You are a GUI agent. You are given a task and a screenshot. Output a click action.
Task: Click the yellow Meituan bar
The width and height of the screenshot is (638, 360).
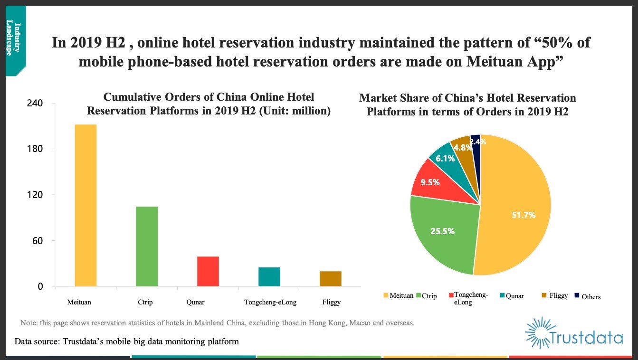click(x=86, y=205)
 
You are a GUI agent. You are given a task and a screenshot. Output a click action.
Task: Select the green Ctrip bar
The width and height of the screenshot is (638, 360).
click(x=147, y=246)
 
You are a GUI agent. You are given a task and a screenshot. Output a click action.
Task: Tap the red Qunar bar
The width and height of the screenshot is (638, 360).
click(x=208, y=271)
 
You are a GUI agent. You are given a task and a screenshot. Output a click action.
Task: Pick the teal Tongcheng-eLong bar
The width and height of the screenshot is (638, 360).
click(x=269, y=276)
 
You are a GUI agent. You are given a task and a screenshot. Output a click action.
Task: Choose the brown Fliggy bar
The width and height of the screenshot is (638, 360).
click(x=330, y=278)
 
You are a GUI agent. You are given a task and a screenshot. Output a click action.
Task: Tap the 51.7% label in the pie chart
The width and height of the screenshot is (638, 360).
click(x=524, y=215)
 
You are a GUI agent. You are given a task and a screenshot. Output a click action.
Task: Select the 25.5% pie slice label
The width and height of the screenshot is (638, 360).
click(x=442, y=231)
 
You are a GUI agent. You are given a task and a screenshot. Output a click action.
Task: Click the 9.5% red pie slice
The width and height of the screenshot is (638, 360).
click(x=430, y=182)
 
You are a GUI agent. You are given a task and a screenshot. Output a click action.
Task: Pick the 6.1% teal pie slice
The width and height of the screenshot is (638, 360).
click(x=445, y=159)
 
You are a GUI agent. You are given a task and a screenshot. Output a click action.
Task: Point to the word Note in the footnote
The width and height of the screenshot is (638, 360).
click(x=29, y=323)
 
